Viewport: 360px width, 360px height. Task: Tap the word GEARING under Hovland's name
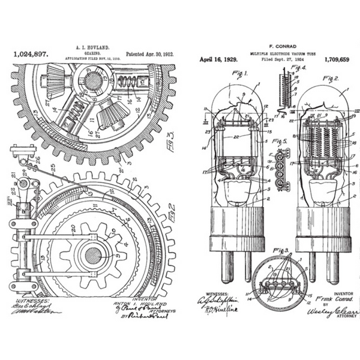click(91, 52)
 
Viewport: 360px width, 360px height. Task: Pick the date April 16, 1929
click(219, 61)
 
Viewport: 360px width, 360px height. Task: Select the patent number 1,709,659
click(338, 61)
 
